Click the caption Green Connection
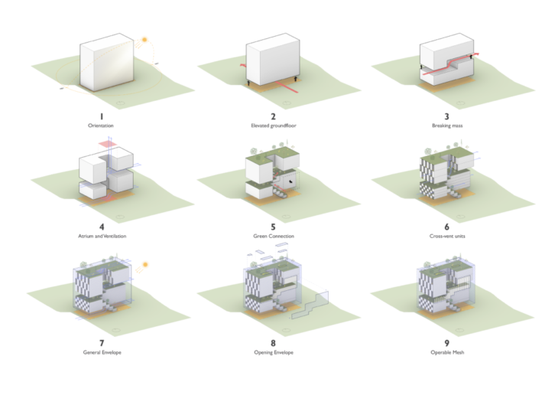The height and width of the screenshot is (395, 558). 273,237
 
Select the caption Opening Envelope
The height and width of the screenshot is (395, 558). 273,352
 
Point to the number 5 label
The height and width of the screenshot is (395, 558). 273,227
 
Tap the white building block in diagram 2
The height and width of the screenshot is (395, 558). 273,61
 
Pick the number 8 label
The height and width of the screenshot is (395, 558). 273,342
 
